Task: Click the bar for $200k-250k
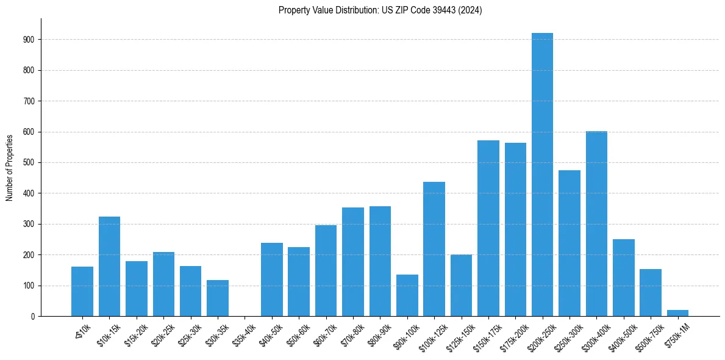tap(542, 175)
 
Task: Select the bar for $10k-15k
tap(109, 266)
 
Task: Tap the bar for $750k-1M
tap(677, 313)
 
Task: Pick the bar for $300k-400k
tap(596, 223)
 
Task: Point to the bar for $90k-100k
tap(407, 295)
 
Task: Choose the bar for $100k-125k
tap(434, 249)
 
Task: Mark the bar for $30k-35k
tap(218, 298)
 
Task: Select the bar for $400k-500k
tap(623, 278)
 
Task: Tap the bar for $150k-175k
tap(488, 228)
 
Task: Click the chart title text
tap(380, 10)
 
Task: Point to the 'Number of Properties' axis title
tap(10, 167)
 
